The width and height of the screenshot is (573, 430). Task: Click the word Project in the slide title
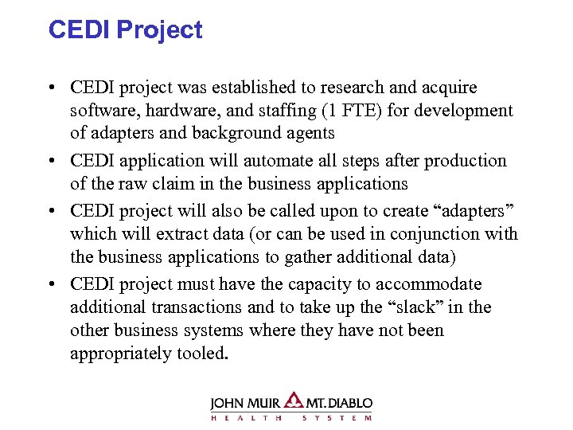[160, 30]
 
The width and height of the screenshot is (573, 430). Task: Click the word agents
[310, 132]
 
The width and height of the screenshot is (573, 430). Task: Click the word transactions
[197, 307]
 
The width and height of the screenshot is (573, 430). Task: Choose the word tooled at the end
[202, 352]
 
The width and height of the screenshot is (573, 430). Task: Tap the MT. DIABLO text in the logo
[338, 403]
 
